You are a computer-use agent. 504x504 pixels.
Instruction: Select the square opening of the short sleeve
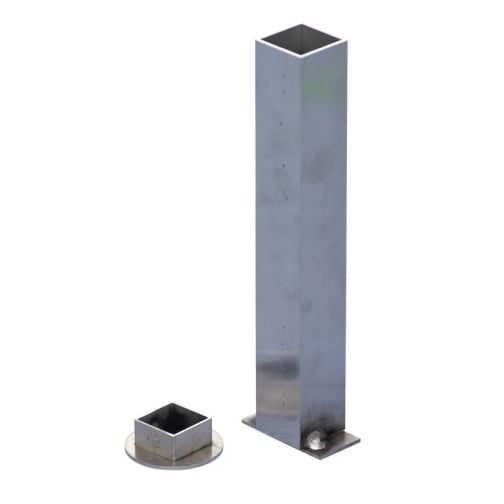click(x=173, y=417)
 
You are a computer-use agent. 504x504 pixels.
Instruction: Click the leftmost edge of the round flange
click(x=127, y=448)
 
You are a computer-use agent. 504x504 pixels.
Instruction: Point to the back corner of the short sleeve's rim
click(x=176, y=404)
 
